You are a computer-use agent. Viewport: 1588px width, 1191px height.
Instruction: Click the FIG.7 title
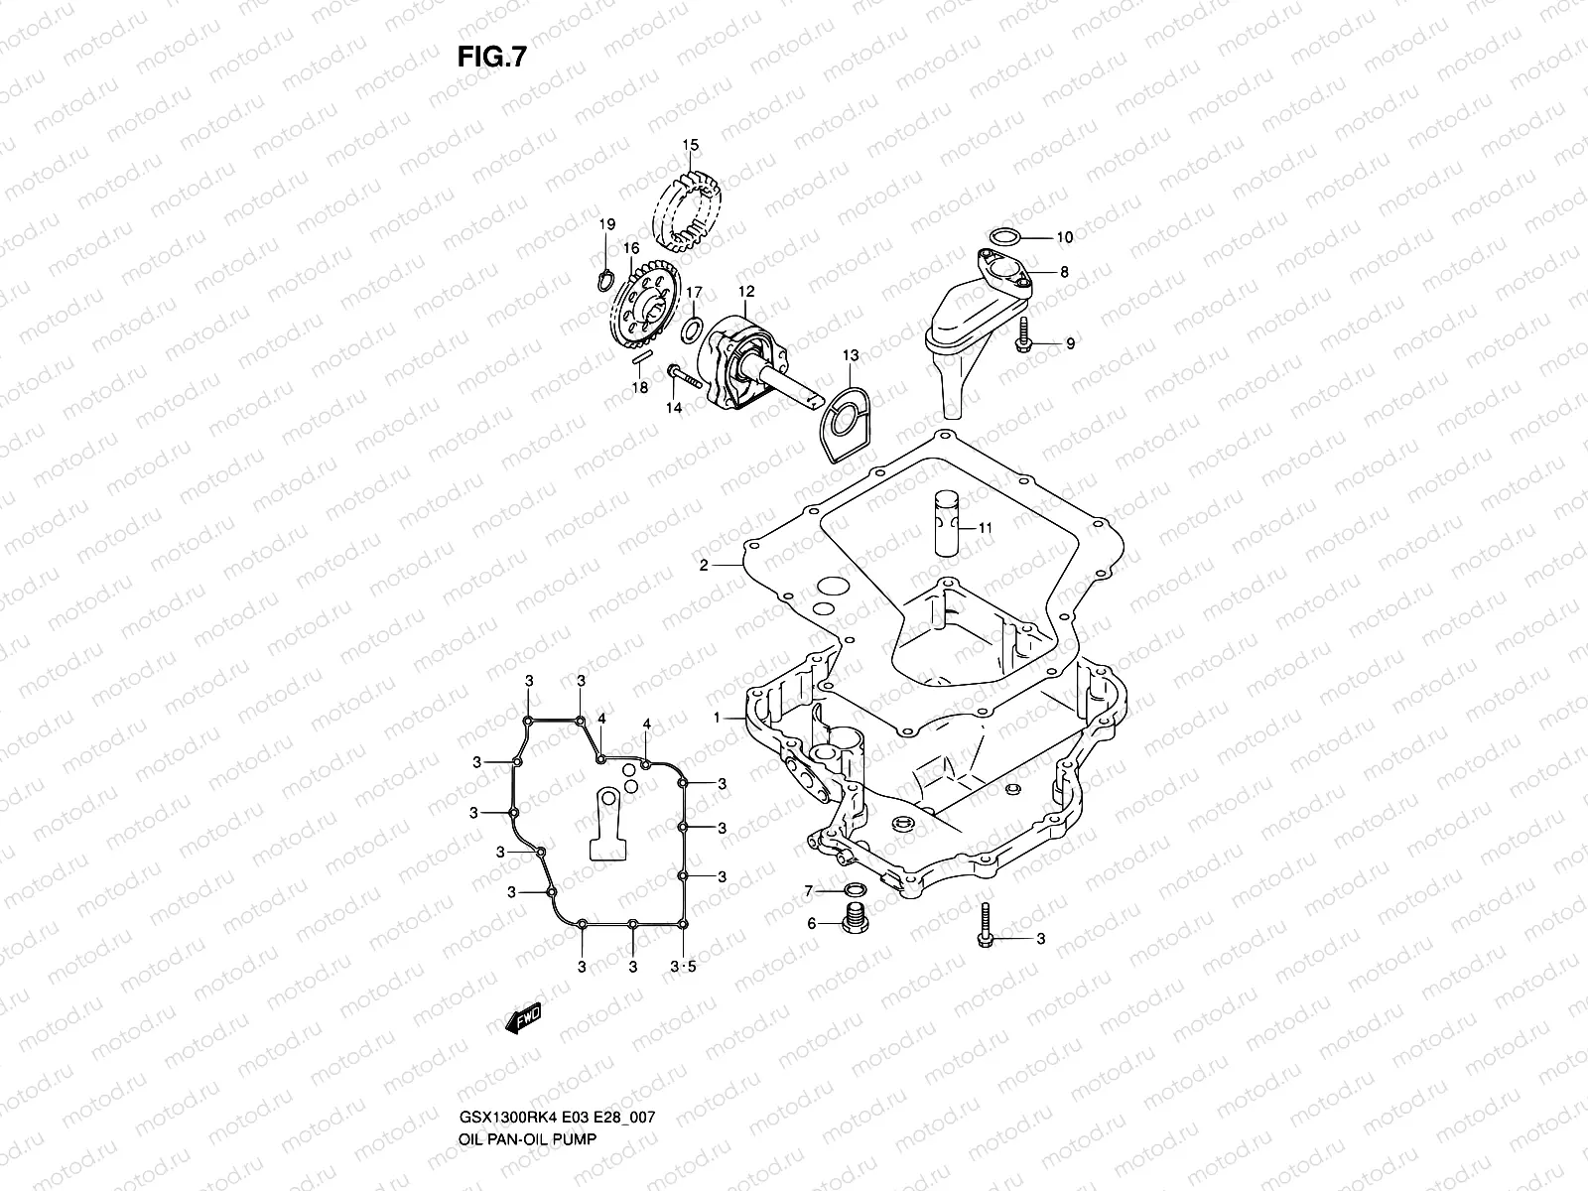490,58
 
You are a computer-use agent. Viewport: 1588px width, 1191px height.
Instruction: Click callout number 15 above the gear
691,146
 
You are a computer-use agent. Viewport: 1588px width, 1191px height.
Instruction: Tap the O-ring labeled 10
1004,236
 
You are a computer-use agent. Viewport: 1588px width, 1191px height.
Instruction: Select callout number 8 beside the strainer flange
1064,271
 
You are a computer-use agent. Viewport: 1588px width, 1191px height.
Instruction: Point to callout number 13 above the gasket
851,355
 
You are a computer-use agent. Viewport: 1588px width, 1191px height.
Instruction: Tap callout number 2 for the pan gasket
704,566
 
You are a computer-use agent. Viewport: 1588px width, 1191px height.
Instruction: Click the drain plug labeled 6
851,919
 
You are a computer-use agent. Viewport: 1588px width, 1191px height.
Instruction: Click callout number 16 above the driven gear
631,248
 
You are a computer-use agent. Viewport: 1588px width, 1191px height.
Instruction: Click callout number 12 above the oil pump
746,292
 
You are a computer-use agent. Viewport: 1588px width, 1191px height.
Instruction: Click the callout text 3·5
684,967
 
